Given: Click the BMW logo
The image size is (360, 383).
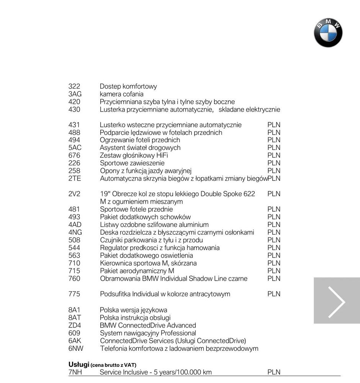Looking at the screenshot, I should click(x=328, y=33).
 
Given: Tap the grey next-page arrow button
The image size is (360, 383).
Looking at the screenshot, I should click(x=337, y=301).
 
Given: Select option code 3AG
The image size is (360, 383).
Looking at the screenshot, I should click(x=75, y=94).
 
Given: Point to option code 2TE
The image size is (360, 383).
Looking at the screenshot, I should click(x=75, y=179).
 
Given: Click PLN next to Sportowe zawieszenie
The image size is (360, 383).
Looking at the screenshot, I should click(x=274, y=163).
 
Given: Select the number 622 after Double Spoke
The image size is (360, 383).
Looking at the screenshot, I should click(x=249, y=194).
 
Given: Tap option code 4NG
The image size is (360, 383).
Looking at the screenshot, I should click(x=75, y=232).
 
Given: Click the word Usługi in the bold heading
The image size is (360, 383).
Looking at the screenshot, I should click(x=79, y=364).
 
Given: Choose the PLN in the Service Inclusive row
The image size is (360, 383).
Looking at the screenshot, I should click(x=274, y=372).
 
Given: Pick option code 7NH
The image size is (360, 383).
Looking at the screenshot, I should click(x=75, y=372).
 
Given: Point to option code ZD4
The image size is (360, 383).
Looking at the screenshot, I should click(x=75, y=325).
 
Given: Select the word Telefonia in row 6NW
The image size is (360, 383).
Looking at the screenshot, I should click(x=113, y=348).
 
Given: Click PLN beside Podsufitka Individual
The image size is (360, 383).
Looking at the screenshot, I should click(x=274, y=294).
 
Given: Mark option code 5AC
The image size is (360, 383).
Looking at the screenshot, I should click(x=75, y=148).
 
